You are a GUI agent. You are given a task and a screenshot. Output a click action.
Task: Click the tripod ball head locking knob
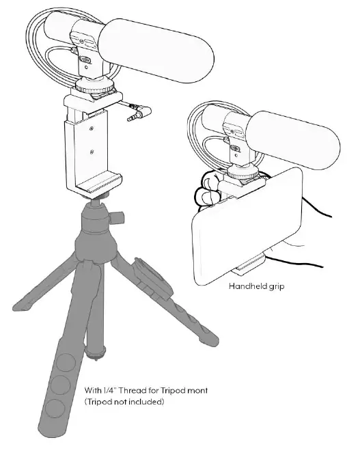pos(120,219)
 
